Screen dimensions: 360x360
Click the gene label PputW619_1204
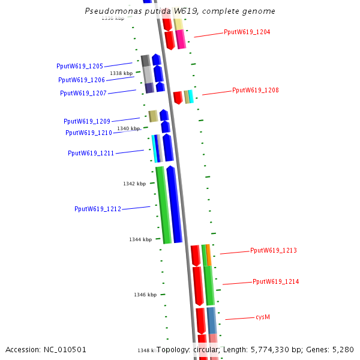click(x=247, y=32)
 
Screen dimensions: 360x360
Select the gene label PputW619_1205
click(x=80, y=66)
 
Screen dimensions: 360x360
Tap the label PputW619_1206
click(x=82, y=80)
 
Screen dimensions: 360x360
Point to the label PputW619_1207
click(x=83, y=93)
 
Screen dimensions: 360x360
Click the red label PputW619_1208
click(x=255, y=90)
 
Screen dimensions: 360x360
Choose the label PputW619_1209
click(x=87, y=121)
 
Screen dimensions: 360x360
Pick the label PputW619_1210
click(x=89, y=133)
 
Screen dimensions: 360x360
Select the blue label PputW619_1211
click(x=91, y=153)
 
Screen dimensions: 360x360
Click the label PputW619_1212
click(x=98, y=209)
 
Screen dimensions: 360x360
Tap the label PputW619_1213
click(x=273, y=250)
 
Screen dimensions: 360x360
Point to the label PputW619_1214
click(x=275, y=281)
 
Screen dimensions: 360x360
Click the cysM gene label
click(x=263, y=316)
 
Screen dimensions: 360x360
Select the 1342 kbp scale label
click(x=134, y=184)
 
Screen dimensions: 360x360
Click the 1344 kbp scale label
click(x=140, y=239)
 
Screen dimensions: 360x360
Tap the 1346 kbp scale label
click(x=145, y=295)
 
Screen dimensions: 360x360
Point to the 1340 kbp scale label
click(x=128, y=128)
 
